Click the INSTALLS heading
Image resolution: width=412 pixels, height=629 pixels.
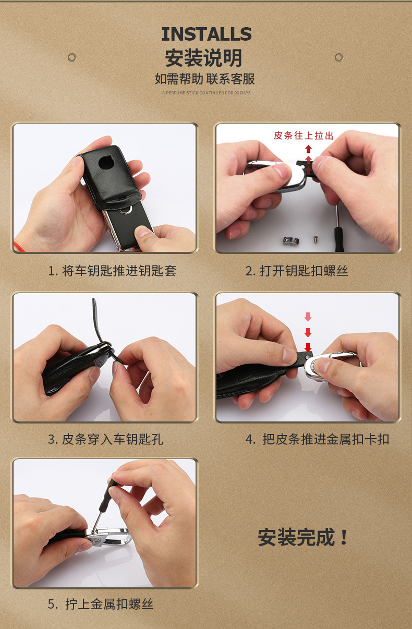pyautogui.click(x=206, y=34)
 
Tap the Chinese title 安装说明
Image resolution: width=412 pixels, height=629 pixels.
pyautogui.click(x=204, y=58)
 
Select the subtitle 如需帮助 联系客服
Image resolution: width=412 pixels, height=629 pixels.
pyautogui.click(x=205, y=79)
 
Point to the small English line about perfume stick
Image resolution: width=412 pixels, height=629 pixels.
pyautogui.click(x=206, y=93)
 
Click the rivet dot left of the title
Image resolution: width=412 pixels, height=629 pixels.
pyautogui.click(x=72, y=57)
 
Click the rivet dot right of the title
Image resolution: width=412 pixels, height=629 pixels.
pyautogui.click(x=339, y=57)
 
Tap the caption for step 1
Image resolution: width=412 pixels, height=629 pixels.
pyautogui.click(x=112, y=271)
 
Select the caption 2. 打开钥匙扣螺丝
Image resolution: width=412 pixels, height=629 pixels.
pyautogui.click(x=297, y=271)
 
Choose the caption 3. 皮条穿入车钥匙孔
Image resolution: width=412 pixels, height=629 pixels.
pyautogui.click(x=106, y=439)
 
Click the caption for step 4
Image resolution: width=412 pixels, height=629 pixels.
pyautogui.click(x=318, y=439)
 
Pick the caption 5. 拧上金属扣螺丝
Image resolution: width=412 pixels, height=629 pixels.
pyautogui.click(x=101, y=604)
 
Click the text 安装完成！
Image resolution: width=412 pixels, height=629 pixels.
pyautogui.click(x=303, y=538)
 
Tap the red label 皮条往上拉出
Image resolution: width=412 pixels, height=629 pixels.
pyautogui.click(x=303, y=136)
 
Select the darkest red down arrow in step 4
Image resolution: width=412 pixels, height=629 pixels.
pyautogui.click(x=308, y=347)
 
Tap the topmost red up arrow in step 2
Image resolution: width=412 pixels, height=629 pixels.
pyautogui.click(x=308, y=149)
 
